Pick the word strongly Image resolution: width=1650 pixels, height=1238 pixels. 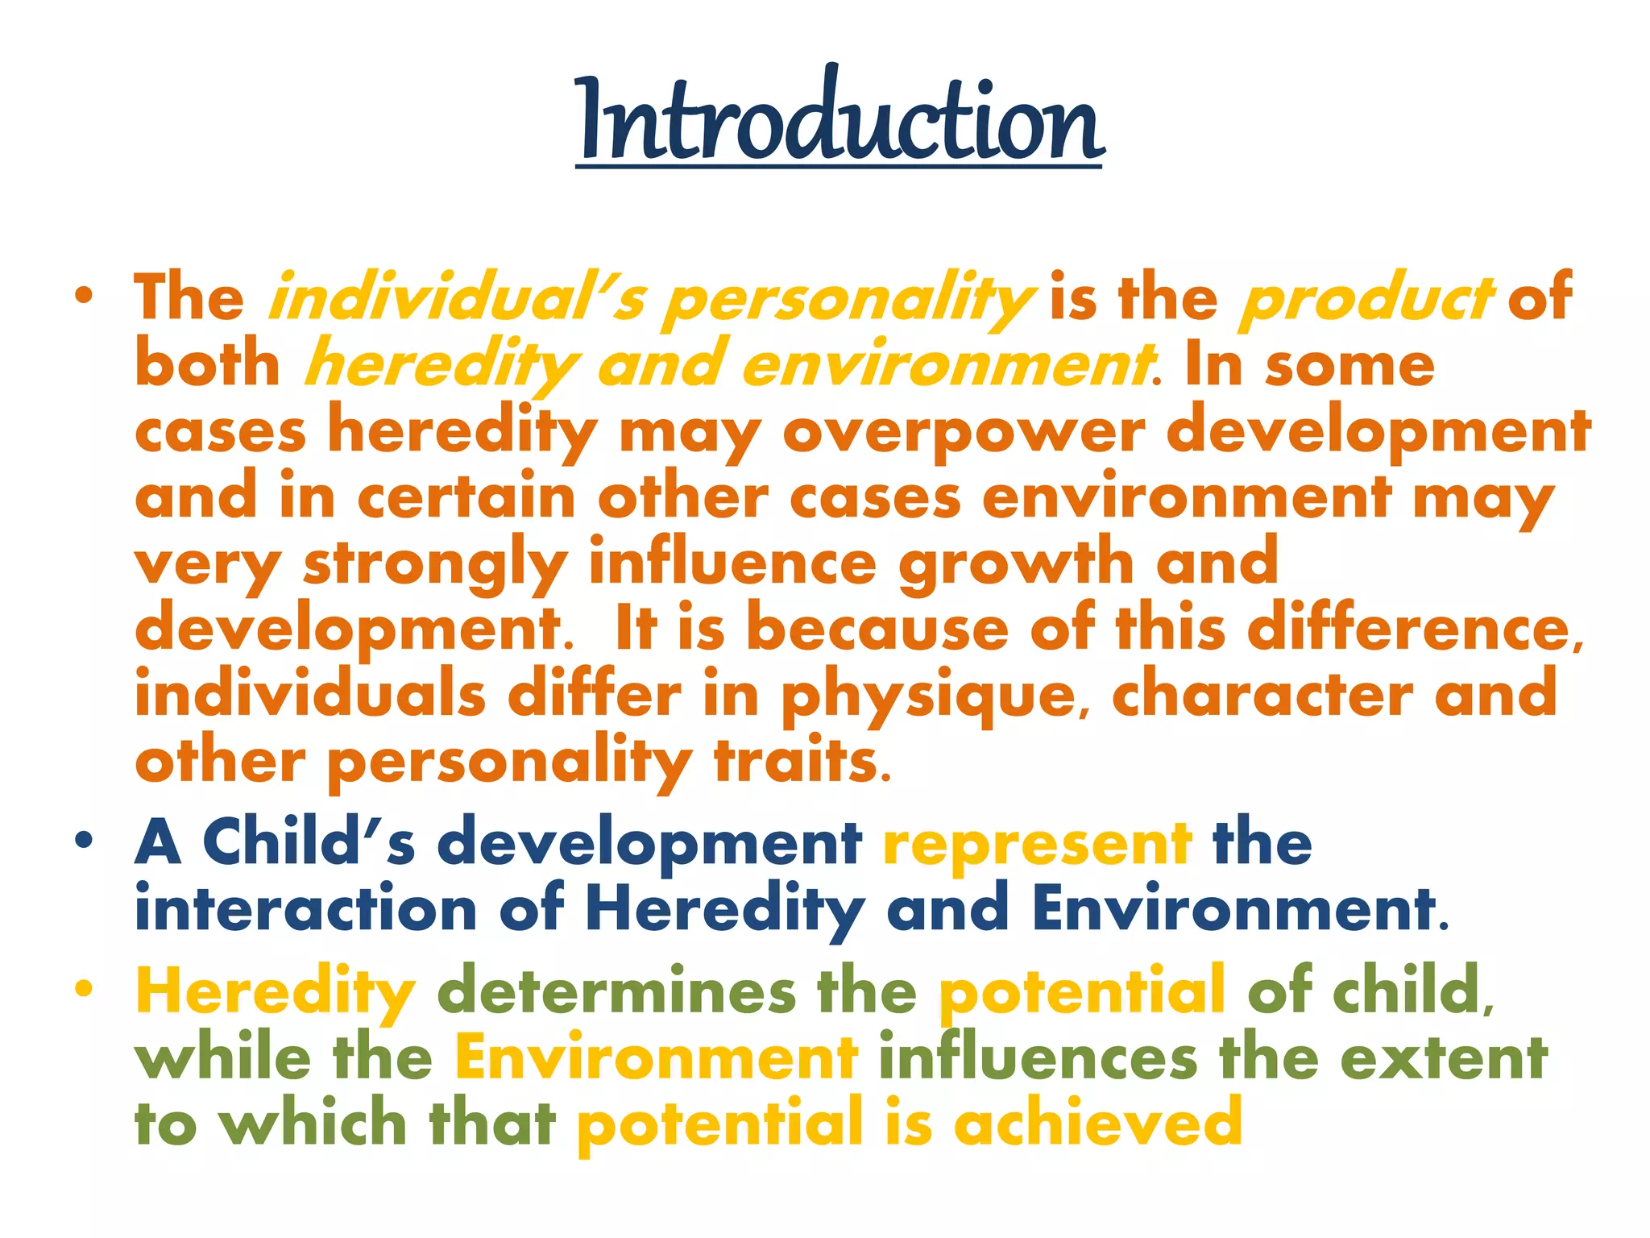pos(435,565)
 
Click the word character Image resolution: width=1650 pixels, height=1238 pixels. pos(1262,696)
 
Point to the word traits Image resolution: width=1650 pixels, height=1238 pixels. pos(803,762)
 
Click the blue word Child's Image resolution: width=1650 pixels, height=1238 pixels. pos(309,842)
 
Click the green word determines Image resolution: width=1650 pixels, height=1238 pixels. pos(616,991)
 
